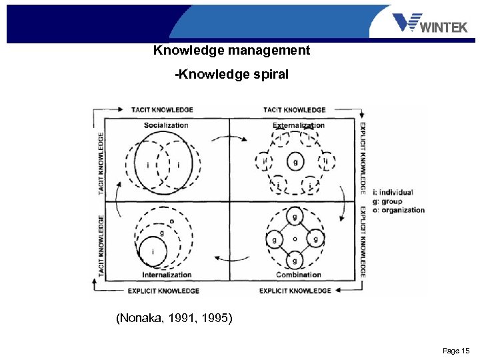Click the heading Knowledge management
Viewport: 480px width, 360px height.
click(231, 51)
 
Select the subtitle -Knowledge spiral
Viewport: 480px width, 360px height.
click(231, 75)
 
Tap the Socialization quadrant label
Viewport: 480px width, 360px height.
click(166, 125)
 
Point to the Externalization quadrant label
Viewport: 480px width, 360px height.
click(299, 125)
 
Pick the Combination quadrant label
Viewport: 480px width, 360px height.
click(298, 275)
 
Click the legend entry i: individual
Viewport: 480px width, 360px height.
click(394, 193)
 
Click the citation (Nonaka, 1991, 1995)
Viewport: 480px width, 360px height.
click(174, 319)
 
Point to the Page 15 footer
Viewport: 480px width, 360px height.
click(456, 351)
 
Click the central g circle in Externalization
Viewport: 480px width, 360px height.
click(295, 161)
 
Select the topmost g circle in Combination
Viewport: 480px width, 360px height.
click(295, 217)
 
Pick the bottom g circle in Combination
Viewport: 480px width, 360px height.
click(295, 260)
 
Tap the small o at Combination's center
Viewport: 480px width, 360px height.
click(295, 239)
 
